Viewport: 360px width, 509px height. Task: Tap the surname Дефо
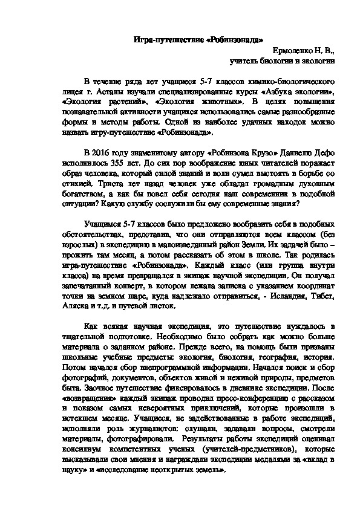(324, 153)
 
